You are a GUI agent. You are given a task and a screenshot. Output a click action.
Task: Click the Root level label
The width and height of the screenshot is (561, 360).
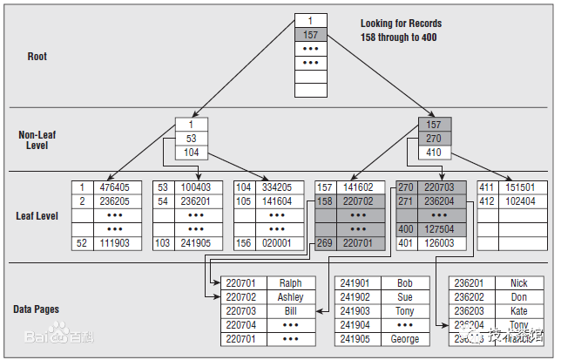[x=37, y=57]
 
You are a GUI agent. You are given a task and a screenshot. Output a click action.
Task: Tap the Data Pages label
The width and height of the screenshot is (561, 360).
[x=36, y=309]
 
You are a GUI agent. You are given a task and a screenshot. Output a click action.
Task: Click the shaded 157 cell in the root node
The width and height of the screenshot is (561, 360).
[x=309, y=35]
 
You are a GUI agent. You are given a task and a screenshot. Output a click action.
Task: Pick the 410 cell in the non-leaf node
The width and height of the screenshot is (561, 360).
[x=435, y=153]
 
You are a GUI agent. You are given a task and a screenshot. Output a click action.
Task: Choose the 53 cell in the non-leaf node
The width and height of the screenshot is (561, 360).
[x=191, y=139]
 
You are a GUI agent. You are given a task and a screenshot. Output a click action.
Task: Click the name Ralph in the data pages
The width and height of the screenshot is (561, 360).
[x=291, y=283]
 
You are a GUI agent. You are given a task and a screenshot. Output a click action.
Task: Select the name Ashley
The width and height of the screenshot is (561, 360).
[x=291, y=297]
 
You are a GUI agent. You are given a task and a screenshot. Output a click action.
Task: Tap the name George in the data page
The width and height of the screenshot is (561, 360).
[x=404, y=339]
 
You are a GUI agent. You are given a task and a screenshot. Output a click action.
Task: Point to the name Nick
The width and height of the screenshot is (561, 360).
[x=519, y=283]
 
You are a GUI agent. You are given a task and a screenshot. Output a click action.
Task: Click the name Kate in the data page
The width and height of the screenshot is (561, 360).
[x=519, y=311]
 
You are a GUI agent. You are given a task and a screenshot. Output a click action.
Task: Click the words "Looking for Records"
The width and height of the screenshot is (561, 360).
[x=401, y=24]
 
